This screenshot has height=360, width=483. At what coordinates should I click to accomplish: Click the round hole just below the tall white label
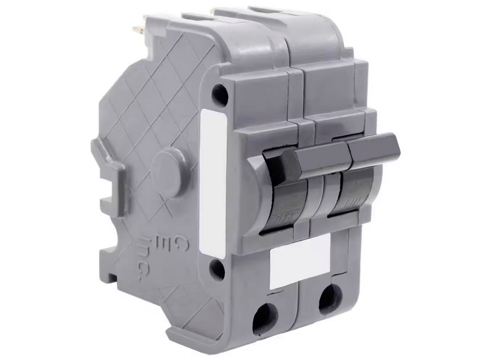(217, 270)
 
